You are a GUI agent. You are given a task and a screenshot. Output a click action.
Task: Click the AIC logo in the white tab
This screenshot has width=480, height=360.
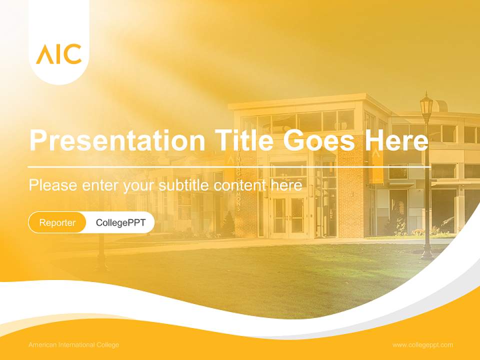coord(58,54)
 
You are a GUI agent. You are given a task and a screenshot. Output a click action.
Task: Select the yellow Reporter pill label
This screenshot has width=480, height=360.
coord(57,222)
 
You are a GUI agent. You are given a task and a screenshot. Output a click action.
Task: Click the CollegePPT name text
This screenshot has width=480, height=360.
coord(120,222)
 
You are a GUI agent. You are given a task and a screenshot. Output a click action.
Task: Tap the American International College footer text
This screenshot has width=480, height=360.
coord(73,344)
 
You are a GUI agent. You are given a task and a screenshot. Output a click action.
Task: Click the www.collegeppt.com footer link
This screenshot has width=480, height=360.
coord(422,344)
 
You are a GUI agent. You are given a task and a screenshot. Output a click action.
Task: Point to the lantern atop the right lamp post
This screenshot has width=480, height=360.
coord(426,106)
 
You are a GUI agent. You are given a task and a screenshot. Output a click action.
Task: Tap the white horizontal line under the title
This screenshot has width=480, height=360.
coord(228,166)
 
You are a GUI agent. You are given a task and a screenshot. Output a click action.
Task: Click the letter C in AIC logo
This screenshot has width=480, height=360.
coord(73,54)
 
